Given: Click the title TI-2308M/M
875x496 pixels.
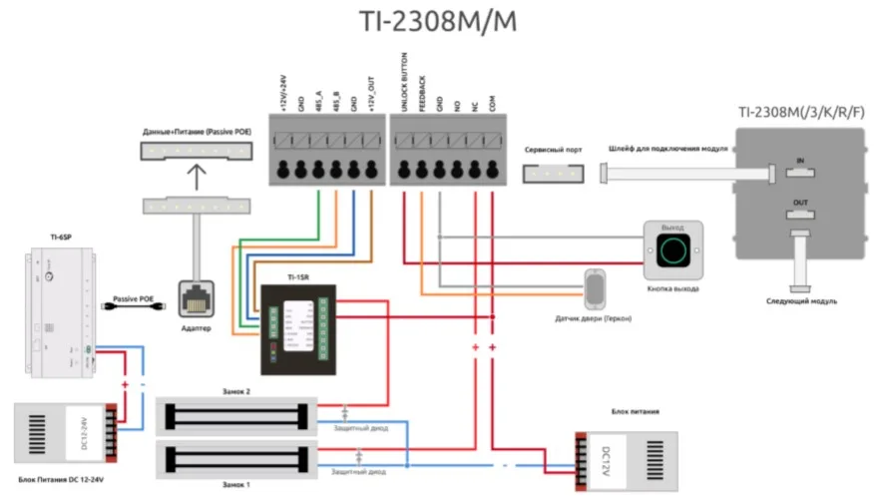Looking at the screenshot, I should point(438,22).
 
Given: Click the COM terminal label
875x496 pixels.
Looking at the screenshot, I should point(493,100).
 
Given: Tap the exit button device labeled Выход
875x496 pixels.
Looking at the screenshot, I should point(675,249).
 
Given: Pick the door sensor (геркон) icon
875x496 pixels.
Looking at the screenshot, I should point(597,289).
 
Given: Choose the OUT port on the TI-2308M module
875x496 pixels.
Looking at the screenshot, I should point(800,213).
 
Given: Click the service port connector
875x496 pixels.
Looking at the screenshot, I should point(551,173).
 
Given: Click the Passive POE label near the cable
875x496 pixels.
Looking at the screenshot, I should point(134,297).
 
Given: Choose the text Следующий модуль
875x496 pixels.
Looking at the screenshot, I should point(800,300).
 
